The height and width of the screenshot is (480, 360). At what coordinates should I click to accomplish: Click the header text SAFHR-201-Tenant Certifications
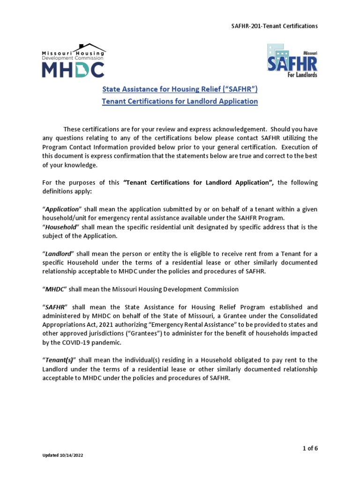coord(276,26)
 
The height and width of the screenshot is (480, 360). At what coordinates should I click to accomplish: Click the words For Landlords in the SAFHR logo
coord(303,75)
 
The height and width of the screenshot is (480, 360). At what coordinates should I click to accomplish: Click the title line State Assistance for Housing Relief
coord(180,89)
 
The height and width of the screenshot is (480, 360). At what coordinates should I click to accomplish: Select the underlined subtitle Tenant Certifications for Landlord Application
coord(180,101)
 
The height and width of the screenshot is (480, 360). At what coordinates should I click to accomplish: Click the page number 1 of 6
coord(310,448)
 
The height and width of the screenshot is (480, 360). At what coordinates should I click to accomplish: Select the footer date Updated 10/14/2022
coord(63,455)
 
